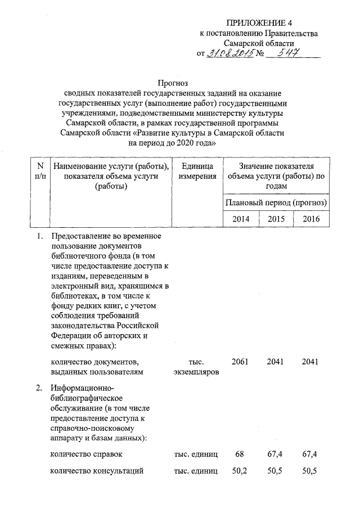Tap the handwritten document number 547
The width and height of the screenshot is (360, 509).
286,53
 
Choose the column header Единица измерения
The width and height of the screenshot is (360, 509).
196,171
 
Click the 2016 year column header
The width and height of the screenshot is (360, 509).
310,219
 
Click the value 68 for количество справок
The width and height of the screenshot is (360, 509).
241,453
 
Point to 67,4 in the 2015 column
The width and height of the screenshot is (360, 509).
274,453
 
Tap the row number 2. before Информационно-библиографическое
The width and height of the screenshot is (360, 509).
40,389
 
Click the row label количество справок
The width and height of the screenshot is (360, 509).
86,453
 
